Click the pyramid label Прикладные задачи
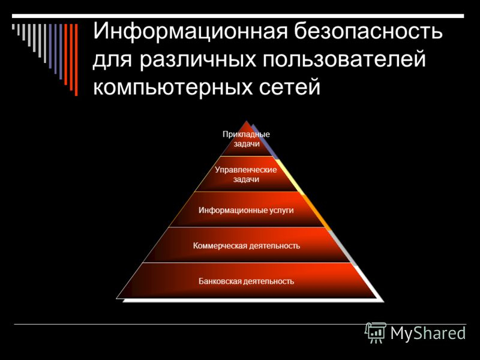point(246,139)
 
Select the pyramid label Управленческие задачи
point(246,175)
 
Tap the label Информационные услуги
point(246,210)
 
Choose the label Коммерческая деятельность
point(246,245)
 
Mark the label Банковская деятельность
point(246,281)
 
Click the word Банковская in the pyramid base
point(220,281)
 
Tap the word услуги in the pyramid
point(281,210)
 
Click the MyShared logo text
point(428,333)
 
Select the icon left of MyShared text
point(376,332)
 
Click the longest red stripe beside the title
point(76,59)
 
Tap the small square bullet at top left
point(13,26)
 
